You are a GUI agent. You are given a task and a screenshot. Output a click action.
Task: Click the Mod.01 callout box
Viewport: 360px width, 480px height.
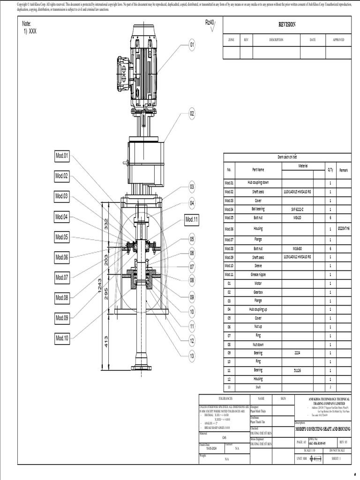click(62, 156)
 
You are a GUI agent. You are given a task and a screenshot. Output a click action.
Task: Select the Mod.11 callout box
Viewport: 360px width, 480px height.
click(192, 219)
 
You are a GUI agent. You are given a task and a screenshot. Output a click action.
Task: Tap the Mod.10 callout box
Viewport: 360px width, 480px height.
click(62, 337)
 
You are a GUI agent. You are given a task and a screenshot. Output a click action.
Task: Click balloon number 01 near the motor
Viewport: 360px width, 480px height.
click(192, 45)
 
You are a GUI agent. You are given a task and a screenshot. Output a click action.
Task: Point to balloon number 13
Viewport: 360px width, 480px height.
click(192, 356)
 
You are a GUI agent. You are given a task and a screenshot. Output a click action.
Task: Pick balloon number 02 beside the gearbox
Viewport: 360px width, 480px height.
click(192, 113)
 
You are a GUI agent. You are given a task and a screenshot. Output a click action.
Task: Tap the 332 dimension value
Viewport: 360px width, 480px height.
click(106, 224)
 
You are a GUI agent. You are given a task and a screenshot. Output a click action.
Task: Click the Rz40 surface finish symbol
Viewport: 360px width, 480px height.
click(210, 23)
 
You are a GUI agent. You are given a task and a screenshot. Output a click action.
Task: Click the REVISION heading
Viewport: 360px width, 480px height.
click(287, 25)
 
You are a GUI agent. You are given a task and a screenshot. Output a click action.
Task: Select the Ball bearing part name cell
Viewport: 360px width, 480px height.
click(258, 209)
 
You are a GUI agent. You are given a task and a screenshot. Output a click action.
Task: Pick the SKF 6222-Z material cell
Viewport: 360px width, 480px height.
click(297, 209)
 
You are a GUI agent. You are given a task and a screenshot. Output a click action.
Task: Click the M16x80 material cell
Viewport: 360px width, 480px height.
click(297, 248)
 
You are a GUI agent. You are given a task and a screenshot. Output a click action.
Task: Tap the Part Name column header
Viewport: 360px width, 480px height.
click(258, 170)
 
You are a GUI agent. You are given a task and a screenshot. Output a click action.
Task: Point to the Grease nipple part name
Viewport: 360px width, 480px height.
click(258, 275)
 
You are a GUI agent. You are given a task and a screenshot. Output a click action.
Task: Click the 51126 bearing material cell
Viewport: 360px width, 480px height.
click(297, 370)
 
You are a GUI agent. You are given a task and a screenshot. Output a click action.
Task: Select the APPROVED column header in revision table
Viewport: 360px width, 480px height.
click(338, 40)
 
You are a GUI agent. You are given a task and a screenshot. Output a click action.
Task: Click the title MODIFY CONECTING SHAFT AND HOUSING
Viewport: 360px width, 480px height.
click(322, 429)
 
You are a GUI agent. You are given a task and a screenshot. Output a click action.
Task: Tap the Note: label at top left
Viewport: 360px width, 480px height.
click(27, 23)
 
